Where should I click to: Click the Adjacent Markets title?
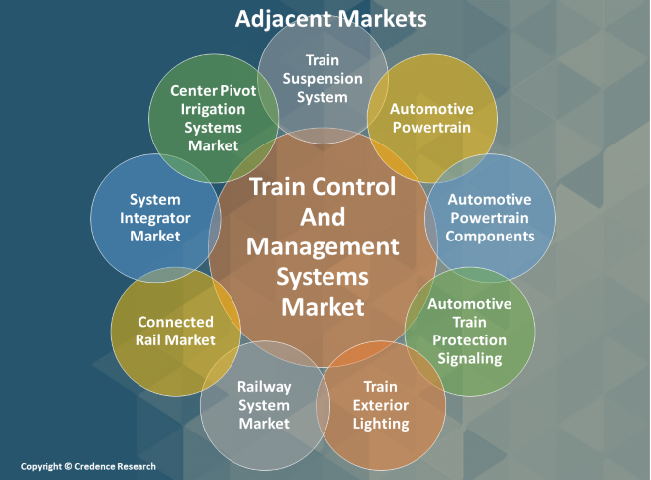(x=330, y=19)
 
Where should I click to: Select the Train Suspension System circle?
(x=321, y=79)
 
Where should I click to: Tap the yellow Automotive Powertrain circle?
(x=430, y=118)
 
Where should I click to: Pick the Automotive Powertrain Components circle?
(x=490, y=219)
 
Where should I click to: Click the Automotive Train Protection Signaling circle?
(x=470, y=331)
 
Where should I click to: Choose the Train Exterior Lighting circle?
(x=380, y=405)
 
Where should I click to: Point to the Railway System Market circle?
(x=264, y=405)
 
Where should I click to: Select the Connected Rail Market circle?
(x=175, y=331)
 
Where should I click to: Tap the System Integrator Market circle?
(x=154, y=219)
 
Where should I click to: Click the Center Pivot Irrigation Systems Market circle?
(x=213, y=118)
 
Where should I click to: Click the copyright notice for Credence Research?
(x=88, y=466)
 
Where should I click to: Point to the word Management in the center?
(x=323, y=245)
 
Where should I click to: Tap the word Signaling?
(x=472, y=358)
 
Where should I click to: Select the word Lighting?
(x=380, y=424)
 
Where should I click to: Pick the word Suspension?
(x=322, y=78)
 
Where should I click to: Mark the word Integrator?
(x=154, y=218)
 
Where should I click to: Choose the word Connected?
(x=175, y=322)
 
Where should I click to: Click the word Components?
(x=490, y=236)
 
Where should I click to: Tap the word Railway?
(x=263, y=386)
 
